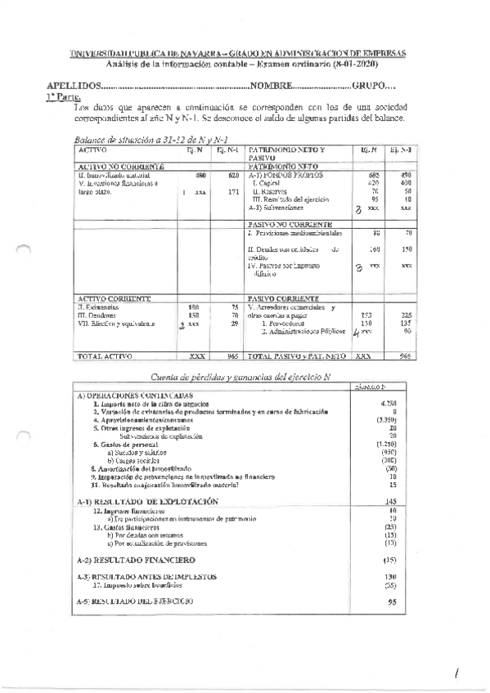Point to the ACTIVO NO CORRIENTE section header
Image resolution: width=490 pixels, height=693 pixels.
(112, 166)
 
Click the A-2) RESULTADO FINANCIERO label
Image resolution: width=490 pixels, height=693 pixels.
(135, 560)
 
